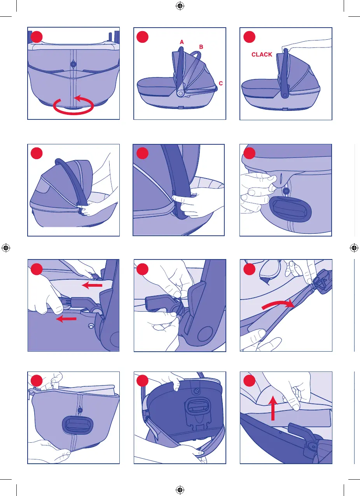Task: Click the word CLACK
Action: (x=262, y=54)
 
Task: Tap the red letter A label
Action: (x=182, y=42)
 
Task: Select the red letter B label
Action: (x=201, y=47)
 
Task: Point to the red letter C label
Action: (x=220, y=84)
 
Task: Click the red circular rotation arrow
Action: (x=73, y=113)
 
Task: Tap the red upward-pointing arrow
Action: (x=273, y=408)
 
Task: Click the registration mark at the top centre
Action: (x=180, y=6)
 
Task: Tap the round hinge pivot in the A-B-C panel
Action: (x=180, y=93)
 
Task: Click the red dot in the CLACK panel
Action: (x=249, y=37)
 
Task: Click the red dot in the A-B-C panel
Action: (x=143, y=37)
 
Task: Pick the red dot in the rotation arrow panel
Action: (x=37, y=37)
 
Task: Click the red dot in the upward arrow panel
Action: (x=249, y=380)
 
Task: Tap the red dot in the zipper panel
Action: (x=249, y=269)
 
